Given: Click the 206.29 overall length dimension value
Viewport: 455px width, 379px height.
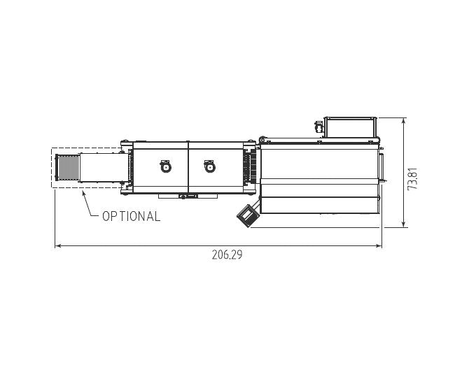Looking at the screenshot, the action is (x=227, y=255).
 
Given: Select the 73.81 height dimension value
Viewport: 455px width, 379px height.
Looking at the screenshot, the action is (x=412, y=178).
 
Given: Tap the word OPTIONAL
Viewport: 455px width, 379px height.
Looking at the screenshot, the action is (x=131, y=216).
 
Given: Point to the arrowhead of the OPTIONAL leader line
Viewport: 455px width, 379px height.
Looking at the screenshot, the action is (x=83, y=193).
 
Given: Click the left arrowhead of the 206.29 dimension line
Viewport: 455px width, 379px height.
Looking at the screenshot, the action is (x=57, y=246).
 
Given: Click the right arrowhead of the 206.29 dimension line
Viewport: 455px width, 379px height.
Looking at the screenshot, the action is (x=379, y=246).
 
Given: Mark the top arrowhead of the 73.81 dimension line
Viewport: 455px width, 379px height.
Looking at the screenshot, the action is (x=403, y=120).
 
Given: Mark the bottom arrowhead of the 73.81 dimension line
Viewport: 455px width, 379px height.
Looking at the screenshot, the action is (x=403, y=224).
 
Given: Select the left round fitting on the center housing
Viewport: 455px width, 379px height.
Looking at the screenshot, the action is (x=165, y=166).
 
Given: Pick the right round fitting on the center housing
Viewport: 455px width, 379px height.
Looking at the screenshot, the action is (x=209, y=166).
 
